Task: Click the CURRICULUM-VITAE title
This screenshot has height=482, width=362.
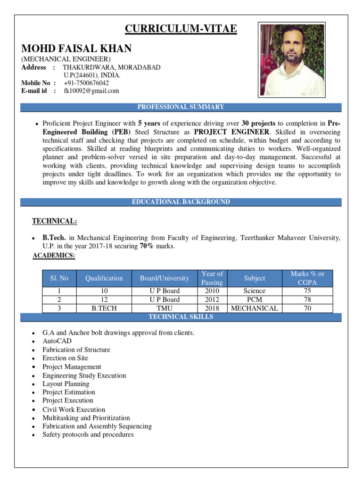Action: coord(181,30)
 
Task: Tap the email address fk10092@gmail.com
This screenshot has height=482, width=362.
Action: coord(91,91)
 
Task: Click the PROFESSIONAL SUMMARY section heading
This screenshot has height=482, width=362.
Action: coord(181,107)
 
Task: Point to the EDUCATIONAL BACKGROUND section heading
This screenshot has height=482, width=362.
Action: coord(181,202)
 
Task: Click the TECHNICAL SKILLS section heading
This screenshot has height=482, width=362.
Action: coord(181,317)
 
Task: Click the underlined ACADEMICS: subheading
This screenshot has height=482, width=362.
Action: coord(54,255)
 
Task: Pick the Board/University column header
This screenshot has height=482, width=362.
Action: coord(164,278)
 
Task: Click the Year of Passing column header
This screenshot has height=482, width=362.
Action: coord(212,278)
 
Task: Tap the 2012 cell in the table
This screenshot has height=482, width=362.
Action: coord(212,299)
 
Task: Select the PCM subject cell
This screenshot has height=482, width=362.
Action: coord(255,299)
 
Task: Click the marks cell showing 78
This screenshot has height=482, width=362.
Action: coord(307,299)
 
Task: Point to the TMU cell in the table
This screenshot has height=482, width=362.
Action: coord(164,308)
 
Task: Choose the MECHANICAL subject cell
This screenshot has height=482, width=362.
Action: coord(255,308)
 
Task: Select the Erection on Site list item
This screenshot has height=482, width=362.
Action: coord(65,358)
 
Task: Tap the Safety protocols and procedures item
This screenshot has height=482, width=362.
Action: coord(88,434)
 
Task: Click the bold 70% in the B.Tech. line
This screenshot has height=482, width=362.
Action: coord(147,246)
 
